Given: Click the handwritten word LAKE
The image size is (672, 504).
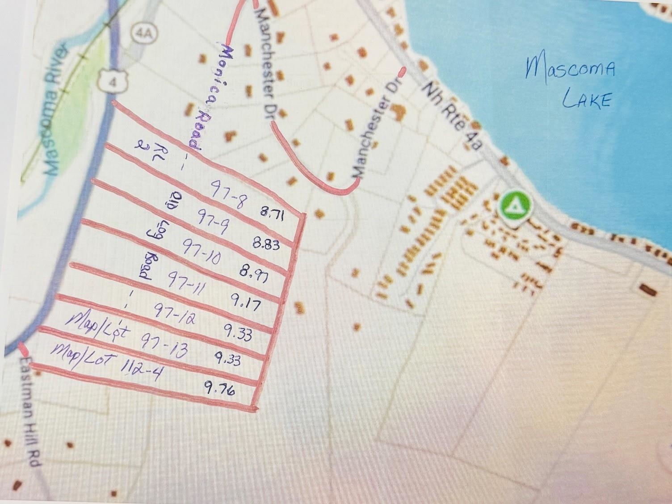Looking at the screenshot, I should (586, 100).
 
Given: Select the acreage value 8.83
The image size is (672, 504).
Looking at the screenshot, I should (266, 244).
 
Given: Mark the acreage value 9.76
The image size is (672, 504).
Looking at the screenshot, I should (219, 388).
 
